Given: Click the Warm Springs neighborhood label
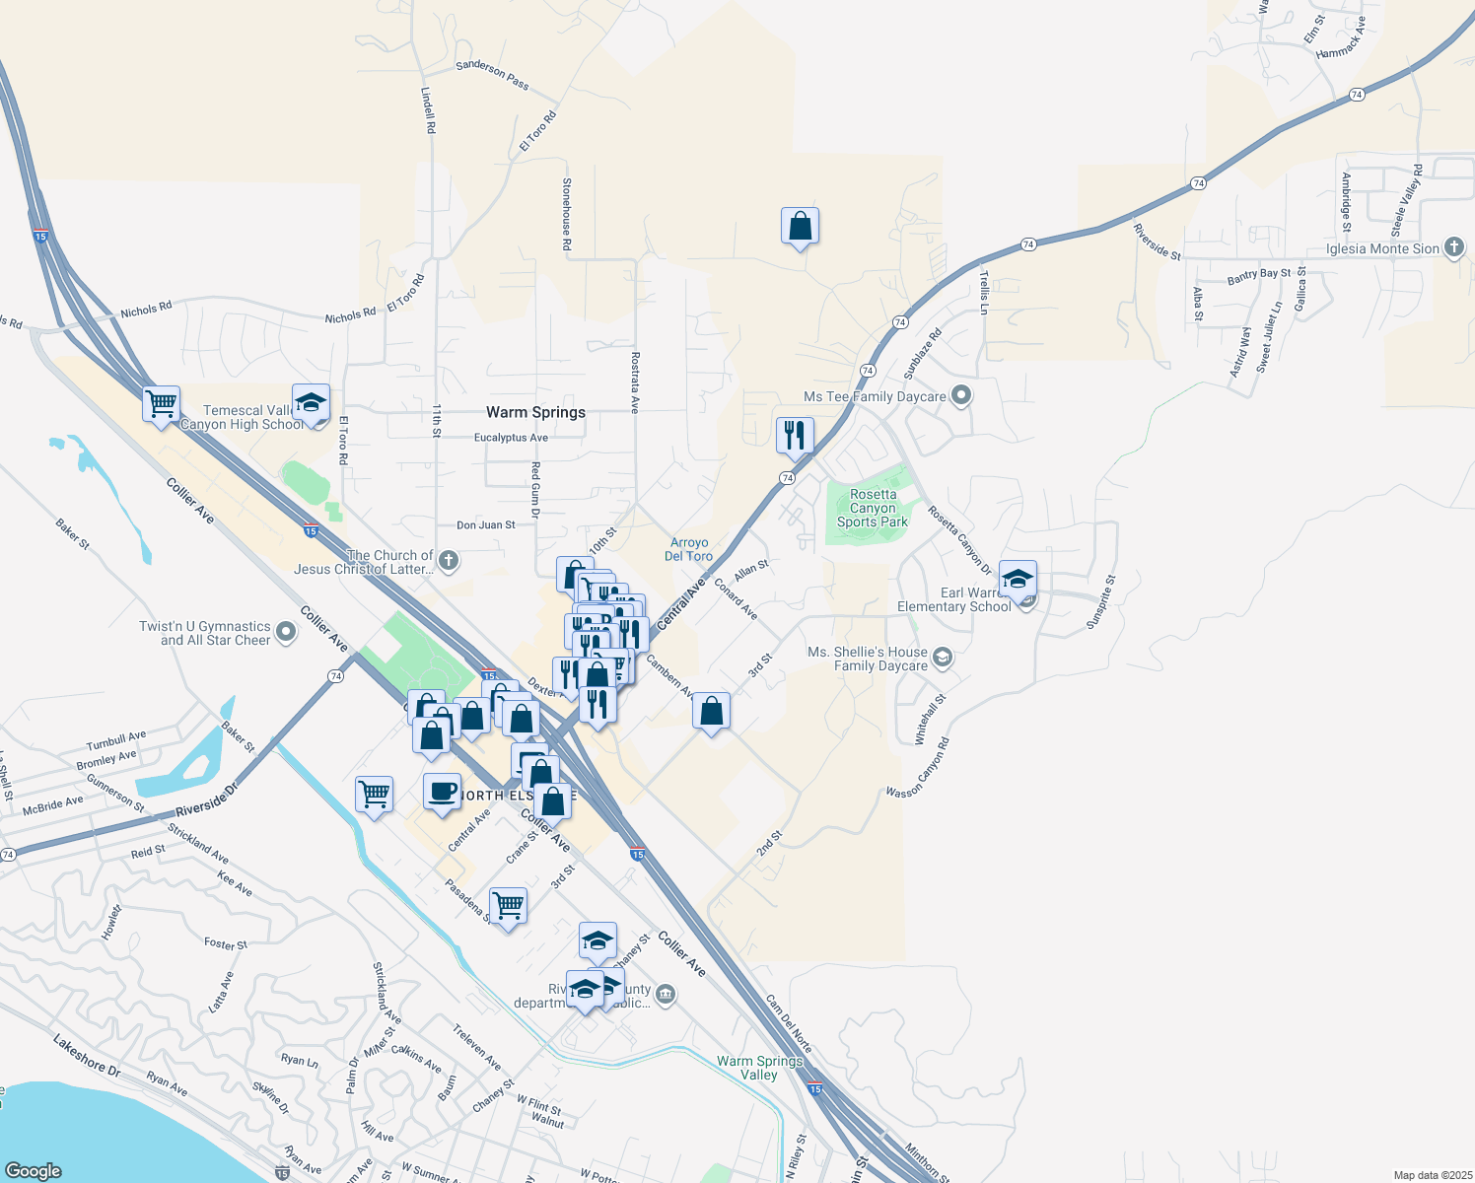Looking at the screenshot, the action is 535,412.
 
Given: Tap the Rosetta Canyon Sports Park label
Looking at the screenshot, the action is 873,508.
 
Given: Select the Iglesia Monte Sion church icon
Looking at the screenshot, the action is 1454,247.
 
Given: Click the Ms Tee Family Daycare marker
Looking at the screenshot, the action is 962,396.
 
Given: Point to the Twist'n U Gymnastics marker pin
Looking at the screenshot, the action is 286,632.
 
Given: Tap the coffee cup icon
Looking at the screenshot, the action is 442,791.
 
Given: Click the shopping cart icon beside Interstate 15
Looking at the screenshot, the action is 161,403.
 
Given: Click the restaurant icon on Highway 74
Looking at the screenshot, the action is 795,435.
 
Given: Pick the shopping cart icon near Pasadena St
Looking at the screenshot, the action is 508,905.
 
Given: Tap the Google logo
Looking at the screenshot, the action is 33,1170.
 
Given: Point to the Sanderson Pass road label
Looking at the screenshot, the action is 492,75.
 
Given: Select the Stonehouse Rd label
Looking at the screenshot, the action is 567,213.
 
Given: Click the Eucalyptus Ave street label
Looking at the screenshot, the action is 511,438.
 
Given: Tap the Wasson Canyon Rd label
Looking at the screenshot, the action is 918,769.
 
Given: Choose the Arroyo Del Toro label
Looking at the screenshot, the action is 688,549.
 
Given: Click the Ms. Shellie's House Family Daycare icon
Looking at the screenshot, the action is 943,658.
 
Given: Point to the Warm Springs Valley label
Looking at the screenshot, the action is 759,1068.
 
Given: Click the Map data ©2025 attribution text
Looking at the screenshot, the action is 1433,1175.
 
